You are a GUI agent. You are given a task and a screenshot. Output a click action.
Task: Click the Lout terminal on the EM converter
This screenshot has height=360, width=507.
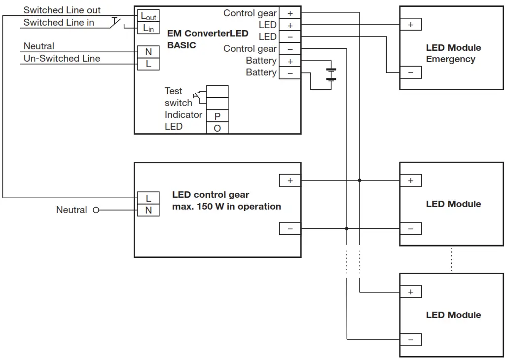[x=148, y=16]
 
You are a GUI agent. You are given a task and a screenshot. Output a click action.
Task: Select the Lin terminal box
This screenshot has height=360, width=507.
[x=148, y=28]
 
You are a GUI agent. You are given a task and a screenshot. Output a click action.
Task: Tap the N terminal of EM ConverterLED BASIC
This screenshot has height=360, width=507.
[x=148, y=51]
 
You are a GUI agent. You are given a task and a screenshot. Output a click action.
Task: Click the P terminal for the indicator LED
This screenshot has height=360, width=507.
[x=217, y=116]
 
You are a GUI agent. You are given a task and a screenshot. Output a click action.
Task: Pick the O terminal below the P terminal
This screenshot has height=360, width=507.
[x=217, y=128]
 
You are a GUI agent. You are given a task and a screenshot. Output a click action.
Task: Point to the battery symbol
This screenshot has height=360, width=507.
[x=331, y=74]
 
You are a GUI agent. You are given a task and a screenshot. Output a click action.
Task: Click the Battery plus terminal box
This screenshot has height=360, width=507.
[x=290, y=61]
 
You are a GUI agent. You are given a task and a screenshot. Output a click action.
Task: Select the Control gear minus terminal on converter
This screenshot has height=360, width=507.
[x=290, y=49]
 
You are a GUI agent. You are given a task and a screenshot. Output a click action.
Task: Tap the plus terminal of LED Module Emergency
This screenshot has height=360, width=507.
[x=411, y=25]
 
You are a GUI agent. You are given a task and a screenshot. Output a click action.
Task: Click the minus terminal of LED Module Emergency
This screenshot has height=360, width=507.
[x=411, y=72]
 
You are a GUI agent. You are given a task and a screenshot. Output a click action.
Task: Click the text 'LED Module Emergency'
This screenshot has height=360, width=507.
[x=453, y=53]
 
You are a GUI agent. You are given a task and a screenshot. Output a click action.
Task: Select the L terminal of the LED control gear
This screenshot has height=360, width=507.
[x=148, y=198]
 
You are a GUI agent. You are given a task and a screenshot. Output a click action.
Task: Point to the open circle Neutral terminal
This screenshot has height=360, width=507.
[x=96, y=210]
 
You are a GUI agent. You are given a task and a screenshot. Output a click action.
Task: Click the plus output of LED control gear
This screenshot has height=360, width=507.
[x=290, y=180]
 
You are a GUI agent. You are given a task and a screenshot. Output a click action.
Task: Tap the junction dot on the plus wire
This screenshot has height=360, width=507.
[x=360, y=180]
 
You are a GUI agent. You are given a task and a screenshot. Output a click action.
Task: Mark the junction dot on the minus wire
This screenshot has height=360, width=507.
[x=347, y=228]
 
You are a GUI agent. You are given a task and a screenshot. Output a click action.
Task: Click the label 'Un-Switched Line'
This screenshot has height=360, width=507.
[x=62, y=58]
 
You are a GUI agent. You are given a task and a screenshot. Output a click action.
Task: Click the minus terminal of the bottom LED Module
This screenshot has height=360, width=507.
[x=411, y=340]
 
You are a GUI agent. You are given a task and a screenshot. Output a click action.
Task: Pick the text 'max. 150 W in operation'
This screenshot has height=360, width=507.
[x=226, y=207]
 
